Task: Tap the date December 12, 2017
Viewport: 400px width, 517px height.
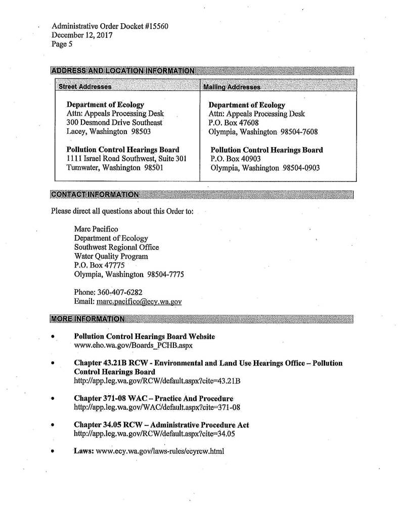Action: pos(82,35)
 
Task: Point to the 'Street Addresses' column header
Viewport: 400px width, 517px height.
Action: pos(85,86)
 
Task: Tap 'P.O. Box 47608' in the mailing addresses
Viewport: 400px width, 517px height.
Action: pos(234,122)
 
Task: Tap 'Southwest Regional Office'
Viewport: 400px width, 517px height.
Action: pos(116,247)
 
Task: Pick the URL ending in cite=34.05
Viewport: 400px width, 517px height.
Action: pos(155,433)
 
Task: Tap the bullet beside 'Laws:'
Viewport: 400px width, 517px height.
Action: pos(53,451)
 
